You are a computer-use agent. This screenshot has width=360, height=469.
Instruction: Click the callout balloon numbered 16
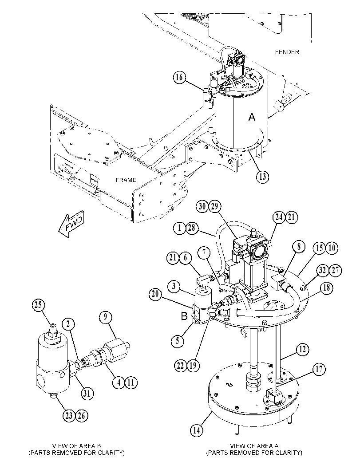[x=179, y=78]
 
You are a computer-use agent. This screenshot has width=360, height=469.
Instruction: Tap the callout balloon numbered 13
[x=262, y=177]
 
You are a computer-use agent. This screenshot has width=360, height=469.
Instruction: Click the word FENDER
[x=287, y=52]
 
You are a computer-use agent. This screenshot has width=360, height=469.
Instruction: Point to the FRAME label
[x=126, y=180]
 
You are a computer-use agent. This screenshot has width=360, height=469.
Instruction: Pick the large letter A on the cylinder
[x=252, y=117]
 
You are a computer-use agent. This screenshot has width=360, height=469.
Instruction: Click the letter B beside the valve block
[x=184, y=316]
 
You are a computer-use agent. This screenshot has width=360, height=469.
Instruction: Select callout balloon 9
[x=105, y=317]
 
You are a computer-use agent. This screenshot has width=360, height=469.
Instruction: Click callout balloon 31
[x=87, y=393]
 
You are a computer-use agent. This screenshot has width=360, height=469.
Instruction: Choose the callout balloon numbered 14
[x=196, y=430]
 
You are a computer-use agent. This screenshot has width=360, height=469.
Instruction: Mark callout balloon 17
[x=319, y=369]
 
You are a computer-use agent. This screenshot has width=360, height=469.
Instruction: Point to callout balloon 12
[x=303, y=349]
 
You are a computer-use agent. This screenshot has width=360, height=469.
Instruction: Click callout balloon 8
[x=299, y=247]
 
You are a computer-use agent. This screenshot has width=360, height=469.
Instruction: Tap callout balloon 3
[x=174, y=286]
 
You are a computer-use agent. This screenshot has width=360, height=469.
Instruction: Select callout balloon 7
[x=204, y=253]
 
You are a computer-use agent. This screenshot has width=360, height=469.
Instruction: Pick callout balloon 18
[x=326, y=288]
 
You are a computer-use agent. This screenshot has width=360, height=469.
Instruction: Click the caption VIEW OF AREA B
[x=77, y=446]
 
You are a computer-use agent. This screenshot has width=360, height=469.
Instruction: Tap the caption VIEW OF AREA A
[x=254, y=446]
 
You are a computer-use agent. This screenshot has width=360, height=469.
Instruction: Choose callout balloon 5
[x=178, y=341]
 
